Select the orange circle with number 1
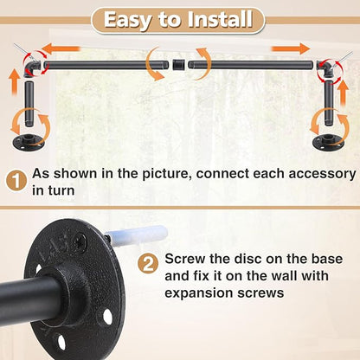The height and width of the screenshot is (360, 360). (x=15, y=183)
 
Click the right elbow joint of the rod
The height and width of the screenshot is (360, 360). (x=330, y=68)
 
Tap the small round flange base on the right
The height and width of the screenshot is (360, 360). (x=328, y=143)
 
